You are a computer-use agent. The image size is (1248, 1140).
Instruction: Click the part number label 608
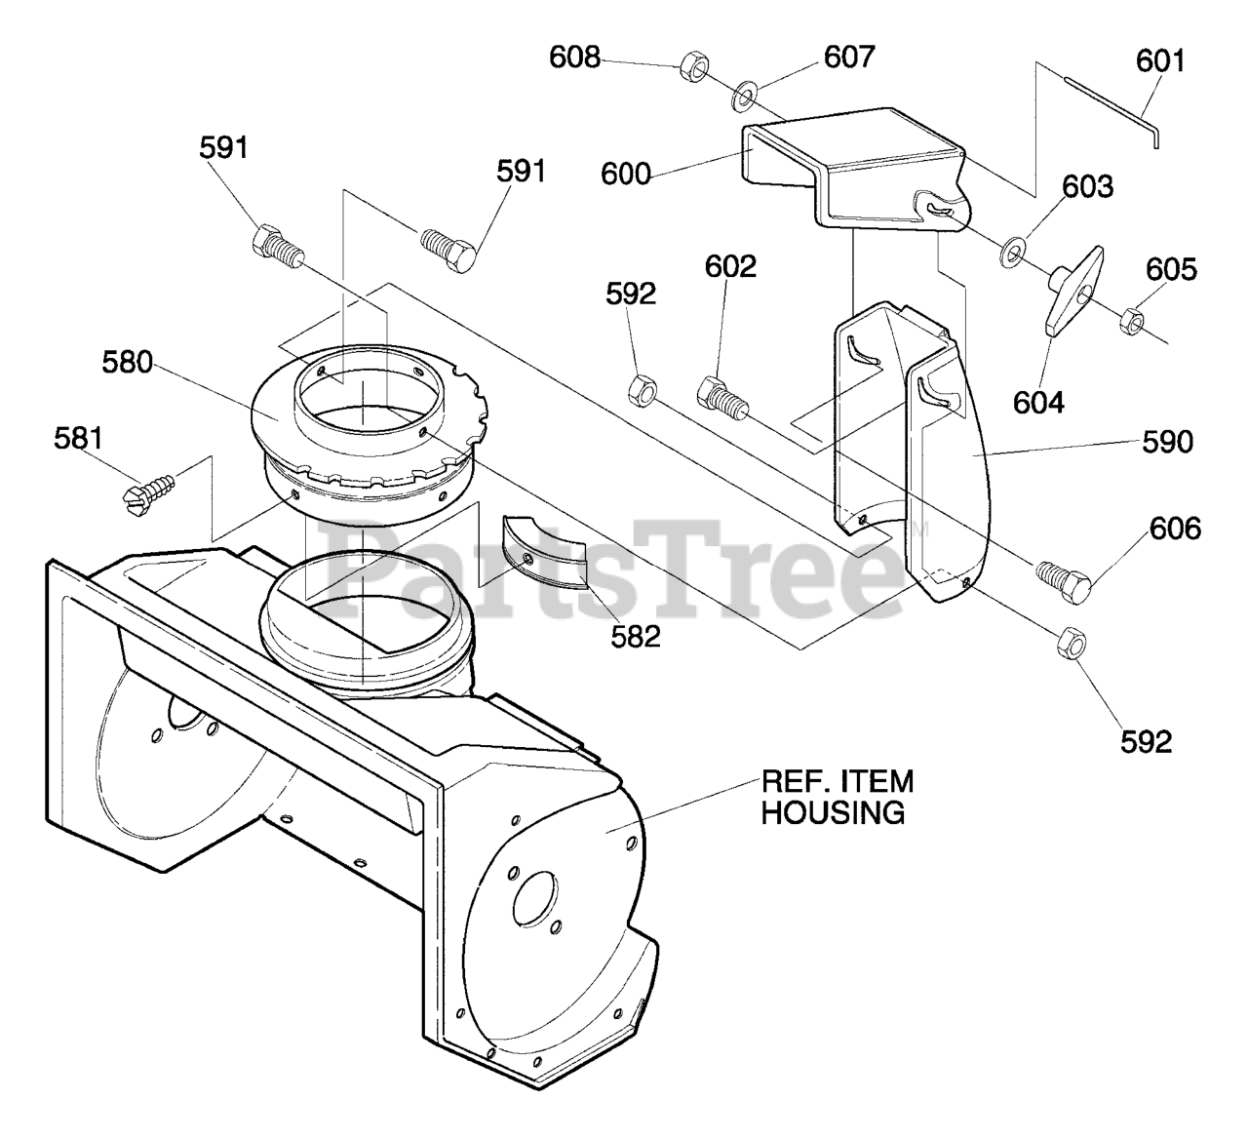(x=575, y=57)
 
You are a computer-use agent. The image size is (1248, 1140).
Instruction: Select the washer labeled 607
(x=745, y=95)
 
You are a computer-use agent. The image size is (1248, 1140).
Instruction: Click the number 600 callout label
(x=625, y=174)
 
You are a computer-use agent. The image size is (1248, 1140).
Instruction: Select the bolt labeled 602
(x=720, y=397)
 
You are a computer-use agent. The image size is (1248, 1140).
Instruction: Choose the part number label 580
(x=128, y=363)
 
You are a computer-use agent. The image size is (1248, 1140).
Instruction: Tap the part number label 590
(x=1166, y=442)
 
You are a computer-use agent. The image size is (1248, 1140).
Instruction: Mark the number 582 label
(x=636, y=637)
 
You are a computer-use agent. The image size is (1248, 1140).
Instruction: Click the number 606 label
(x=1175, y=529)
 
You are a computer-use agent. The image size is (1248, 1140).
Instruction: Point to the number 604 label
(x=1039, y=401)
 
